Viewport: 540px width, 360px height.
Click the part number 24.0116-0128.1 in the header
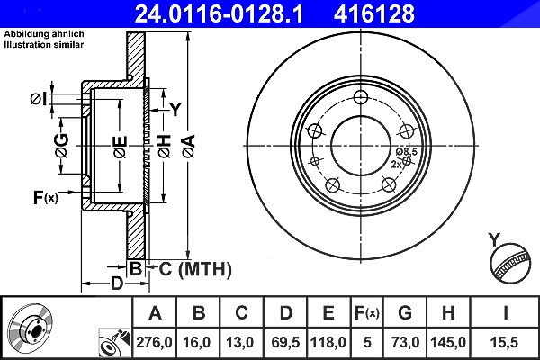219,13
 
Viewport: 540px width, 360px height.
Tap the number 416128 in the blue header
374,13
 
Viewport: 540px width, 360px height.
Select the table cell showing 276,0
154,342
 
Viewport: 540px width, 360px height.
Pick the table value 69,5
285,342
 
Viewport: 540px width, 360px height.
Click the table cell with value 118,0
328,342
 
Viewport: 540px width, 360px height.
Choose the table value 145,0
448,342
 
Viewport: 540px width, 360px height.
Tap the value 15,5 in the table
506,342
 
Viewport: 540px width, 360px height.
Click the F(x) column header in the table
367,313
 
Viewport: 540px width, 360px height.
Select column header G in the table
405,313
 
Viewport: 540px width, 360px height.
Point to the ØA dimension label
189,147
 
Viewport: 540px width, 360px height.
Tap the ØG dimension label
61,146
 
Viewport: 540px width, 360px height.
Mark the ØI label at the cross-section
39,99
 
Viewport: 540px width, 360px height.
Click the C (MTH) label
195,269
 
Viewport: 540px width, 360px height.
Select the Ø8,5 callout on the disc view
407,151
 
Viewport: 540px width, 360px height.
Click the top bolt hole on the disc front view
361,97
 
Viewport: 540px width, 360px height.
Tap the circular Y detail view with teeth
510,264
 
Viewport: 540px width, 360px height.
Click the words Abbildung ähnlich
44,34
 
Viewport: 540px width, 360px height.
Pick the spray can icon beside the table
114,342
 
